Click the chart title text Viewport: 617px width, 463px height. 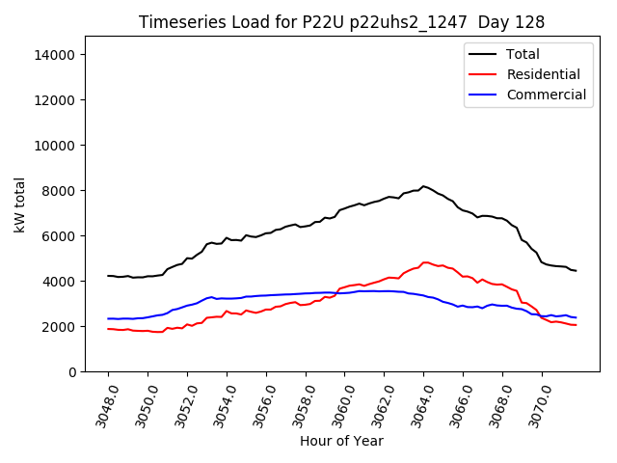pyautogui.click(x=341, y=22)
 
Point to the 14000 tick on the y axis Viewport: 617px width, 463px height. pyautogui.click(x=56, y=55)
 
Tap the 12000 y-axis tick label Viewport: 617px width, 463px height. pyautogui.click(x=56, y=100)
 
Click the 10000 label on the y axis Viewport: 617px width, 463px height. pyautogui.click(x=56, y=146)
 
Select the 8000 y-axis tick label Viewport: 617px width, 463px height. pyautogui.click(x=60, y=191)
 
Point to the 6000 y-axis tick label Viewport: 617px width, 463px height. pyautogui.click(x=60, y=236)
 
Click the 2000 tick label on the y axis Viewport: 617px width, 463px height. pyautogui.click(x=60, y=327)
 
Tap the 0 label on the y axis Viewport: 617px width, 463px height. pyautogui.click(x=71, y=372)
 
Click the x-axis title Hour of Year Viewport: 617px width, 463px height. pyautogui.click(x=341, y=442)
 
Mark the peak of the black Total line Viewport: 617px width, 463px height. pyautogui.click(x=423, y=186)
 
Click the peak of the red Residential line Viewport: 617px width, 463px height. pyautogui.click(x=425, y=262)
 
